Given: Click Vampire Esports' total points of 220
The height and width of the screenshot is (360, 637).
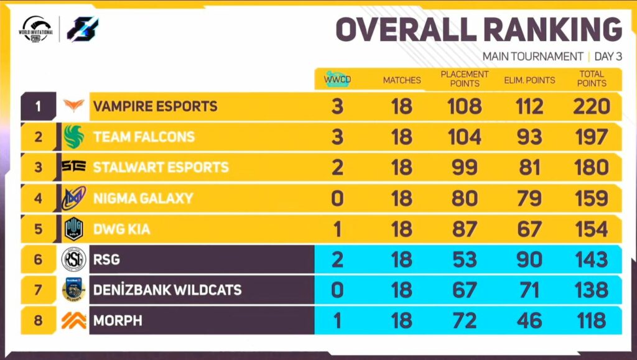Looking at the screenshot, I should pos(591,106).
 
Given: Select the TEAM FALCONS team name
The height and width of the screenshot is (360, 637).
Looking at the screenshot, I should pos(144,137).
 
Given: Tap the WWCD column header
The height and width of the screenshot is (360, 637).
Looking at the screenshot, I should pos(337,80).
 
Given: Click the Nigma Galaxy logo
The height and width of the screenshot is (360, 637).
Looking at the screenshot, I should pos(74,198).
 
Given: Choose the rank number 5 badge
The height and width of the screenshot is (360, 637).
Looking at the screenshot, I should pos(39,229).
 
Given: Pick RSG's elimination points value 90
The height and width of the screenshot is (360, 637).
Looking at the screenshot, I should pos(529,259).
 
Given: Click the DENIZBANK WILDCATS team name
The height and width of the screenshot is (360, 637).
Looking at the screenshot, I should pos(167,290).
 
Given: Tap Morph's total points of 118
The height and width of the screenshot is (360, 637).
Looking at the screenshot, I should pos(591,320).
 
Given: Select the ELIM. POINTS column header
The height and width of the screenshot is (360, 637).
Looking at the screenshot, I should pos(529,80).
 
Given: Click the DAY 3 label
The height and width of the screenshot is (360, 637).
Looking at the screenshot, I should pos(608,57).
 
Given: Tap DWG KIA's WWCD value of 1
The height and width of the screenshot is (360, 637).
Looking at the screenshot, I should pos(337,229).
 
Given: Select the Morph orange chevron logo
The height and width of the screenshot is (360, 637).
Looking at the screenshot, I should pos(74,320).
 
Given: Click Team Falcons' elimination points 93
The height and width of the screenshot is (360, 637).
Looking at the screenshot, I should pos(529,137).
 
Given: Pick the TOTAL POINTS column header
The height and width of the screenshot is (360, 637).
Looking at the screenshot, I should pos(591,79).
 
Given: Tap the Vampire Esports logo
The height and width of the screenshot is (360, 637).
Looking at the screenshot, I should pos(74,106).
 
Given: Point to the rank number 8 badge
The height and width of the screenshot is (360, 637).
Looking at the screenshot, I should pos(39,320).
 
